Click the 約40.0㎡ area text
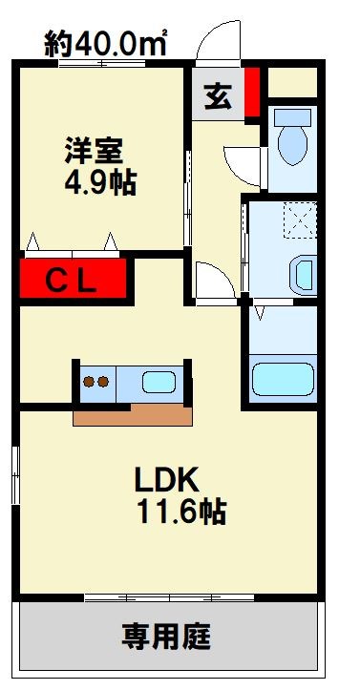(x=108, y=42)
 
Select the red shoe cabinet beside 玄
(x=252, y=93)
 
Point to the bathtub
(x=282, y=377)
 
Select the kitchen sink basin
(x=159, y=383)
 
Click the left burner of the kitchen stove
(x=89, y=383)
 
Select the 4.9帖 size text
(x=94, y=183)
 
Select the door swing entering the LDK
(x=212, y=281)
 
